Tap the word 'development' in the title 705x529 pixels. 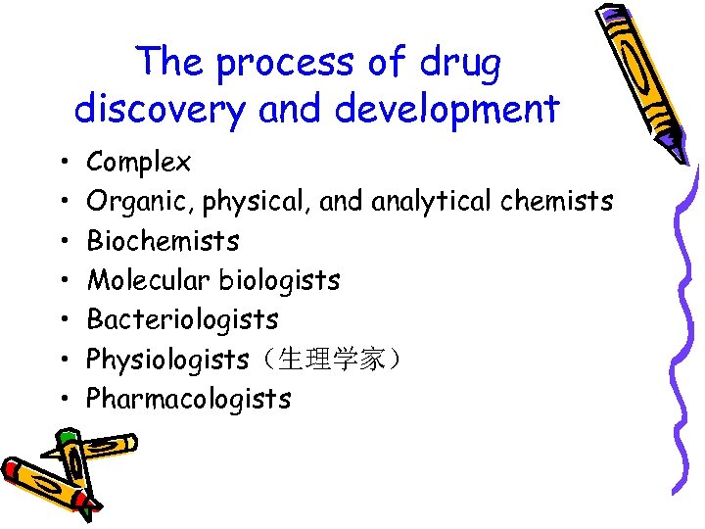[x=446, y=109]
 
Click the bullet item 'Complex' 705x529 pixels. [x=139, y=162]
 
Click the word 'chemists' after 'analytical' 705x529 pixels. [x=557, y=201]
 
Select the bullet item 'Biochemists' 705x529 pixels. [x=163, y=241]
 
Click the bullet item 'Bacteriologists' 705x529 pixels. [x=182, y=319]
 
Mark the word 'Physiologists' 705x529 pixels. [x=167, y=360]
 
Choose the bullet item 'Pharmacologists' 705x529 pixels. [x=189, y=399]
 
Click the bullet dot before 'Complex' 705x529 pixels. [x=62, y=163]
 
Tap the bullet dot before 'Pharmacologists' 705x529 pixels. [x=62, y=400]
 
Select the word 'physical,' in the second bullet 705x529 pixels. [x=253, y=202]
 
